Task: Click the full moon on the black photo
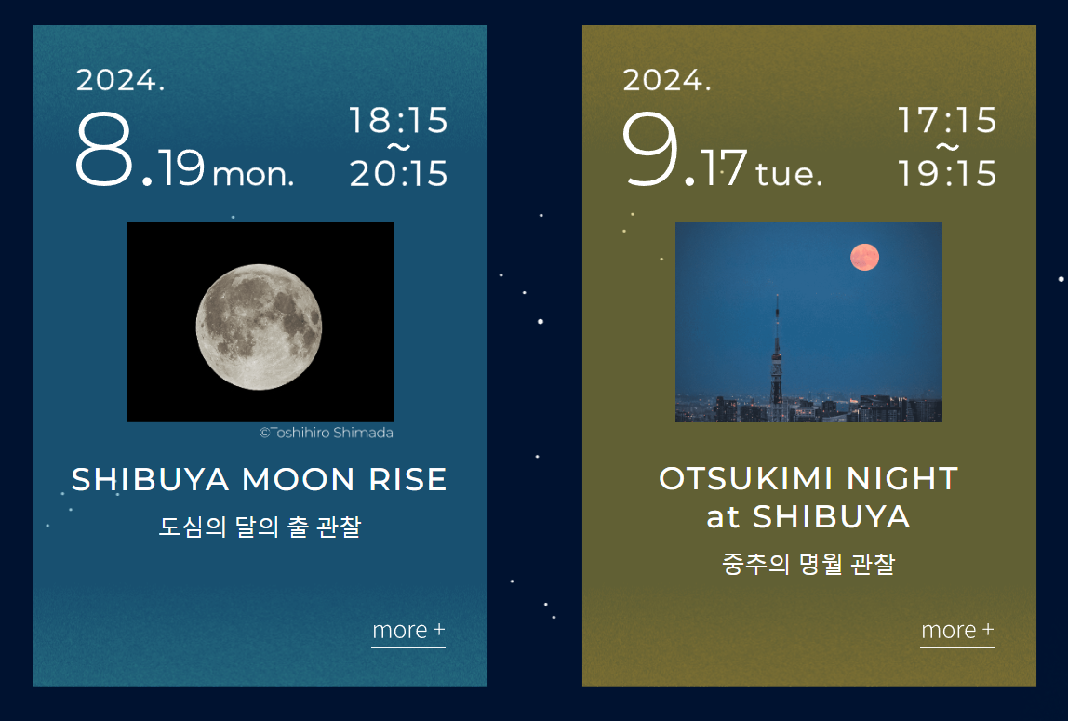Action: tap(259, 327)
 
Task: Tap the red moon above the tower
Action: tap(864, 257)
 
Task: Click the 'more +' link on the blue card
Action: tap(408, 631)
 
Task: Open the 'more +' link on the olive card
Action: tap(957, 631)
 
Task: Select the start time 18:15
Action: tap(398, 121)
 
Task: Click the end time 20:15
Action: tap(398, 174)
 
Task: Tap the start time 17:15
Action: tap(947, 121)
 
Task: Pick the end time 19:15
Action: tap(947, 174)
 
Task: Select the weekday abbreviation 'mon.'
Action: tap(253, 174)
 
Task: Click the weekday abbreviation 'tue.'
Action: tap(789, 174)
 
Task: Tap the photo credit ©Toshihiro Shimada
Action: tap(326, 433)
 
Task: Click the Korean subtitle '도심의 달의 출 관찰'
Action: tap(260, 527)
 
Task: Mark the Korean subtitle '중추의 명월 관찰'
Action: tap(808, 565)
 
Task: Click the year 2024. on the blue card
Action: tap(121, 81)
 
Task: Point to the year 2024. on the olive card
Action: tap(667, 81)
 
